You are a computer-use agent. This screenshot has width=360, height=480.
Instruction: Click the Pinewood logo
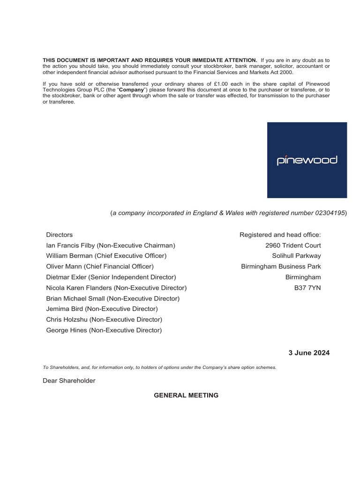click(307, 160)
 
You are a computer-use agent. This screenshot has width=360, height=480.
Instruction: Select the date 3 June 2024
click(308, 353)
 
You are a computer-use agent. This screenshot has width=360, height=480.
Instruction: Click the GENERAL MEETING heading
click(186, 395)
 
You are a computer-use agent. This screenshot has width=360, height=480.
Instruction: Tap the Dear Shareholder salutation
click(69, 381)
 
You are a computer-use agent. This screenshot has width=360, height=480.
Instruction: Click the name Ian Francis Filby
click(70, 245)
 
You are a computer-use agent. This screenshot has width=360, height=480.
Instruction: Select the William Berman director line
click(106, 256)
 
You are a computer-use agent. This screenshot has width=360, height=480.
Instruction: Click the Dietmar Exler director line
click(111, 277)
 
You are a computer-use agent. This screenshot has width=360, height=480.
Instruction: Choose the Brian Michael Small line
click(112, 299)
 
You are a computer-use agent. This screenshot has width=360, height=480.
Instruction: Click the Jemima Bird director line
click(102, 309)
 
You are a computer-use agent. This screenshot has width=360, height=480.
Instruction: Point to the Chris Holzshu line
click(104, 320)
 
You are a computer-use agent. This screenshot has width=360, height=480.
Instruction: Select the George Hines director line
click(104, 330)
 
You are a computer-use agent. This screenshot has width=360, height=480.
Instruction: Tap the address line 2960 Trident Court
click(293, 245)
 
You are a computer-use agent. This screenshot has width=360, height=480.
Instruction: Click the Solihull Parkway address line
click(296, 256)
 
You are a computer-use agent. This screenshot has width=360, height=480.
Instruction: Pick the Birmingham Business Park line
click(281, 266)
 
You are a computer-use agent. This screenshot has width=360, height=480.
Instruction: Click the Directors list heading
click(60, 234)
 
